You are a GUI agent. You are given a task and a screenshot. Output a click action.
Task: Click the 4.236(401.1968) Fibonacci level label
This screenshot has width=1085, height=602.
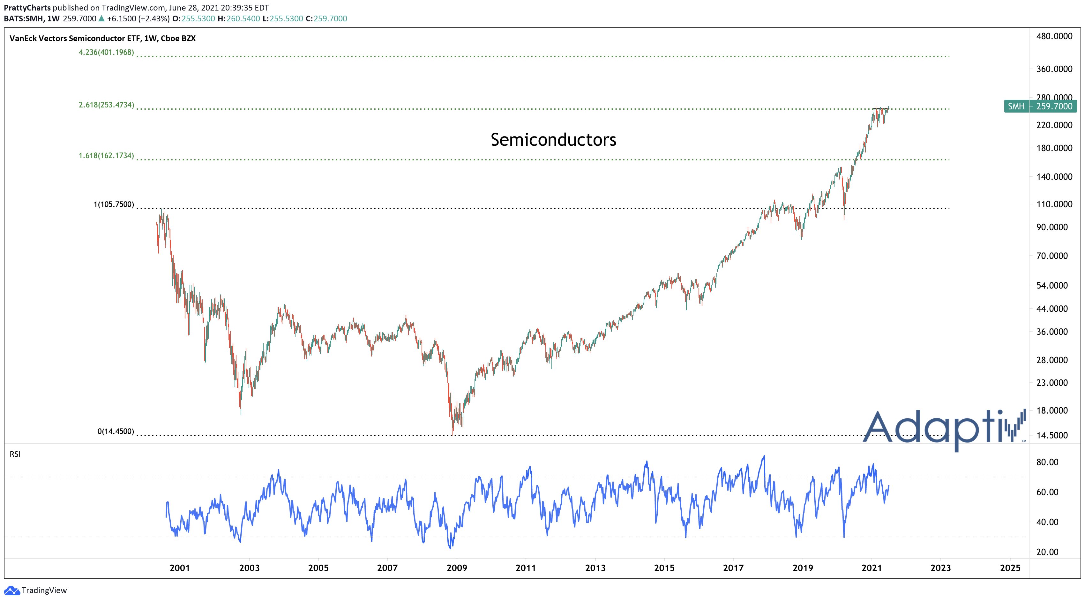point(106,52)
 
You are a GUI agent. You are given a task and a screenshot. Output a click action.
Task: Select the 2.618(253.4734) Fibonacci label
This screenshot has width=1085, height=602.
point(106,105)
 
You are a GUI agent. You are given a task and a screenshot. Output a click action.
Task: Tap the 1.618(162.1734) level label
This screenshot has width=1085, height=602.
point(106,156)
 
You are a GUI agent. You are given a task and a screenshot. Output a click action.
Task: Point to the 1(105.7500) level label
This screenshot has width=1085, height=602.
point(114,205)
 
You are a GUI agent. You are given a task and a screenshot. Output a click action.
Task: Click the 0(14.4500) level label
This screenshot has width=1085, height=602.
point(116,431)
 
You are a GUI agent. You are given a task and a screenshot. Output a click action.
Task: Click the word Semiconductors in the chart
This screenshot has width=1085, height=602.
point(553,140)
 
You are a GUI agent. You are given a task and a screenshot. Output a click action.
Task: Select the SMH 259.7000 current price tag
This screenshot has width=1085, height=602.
point(1040,106)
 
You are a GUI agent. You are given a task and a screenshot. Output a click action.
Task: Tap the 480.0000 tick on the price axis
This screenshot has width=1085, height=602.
point(1054,37)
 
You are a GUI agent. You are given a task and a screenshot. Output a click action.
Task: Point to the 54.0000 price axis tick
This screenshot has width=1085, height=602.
point(1052,285)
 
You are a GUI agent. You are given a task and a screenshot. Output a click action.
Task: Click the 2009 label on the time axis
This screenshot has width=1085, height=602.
point(457,568)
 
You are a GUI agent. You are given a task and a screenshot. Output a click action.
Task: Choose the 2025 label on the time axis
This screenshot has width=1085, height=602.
point(1010,568)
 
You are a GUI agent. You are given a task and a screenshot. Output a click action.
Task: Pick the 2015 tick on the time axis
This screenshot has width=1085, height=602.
point(664,568)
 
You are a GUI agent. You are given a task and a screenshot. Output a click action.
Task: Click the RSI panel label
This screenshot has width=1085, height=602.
point(15,454)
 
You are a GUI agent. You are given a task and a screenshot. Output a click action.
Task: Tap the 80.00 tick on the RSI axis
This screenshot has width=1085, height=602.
point(1047,462)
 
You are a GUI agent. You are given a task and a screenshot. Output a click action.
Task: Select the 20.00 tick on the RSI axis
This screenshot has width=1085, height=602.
point(1047,552)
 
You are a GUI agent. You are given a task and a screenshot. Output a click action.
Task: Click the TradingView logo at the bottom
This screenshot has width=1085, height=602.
point(35,590)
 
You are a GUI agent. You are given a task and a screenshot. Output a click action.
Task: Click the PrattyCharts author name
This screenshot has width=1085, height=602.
point(27,8)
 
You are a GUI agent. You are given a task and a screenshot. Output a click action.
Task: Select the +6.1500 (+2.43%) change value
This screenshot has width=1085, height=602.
point(138,18)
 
